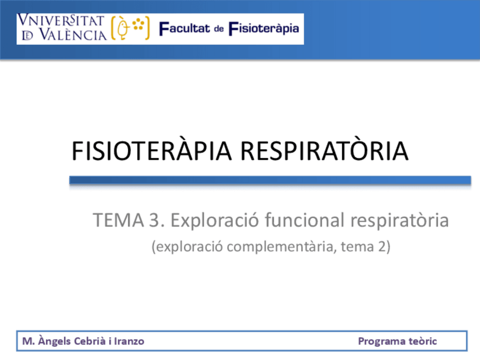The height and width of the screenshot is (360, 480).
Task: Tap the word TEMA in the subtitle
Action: [118, 220]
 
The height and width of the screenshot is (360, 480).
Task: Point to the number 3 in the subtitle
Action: [155, 220]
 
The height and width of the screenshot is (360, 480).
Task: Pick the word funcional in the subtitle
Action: [305, 220]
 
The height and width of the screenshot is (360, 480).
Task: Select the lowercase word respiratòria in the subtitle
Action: [400, 220]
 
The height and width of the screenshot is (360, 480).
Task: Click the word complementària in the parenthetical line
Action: [280, 247]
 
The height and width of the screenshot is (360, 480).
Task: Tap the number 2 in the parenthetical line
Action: [382, 246]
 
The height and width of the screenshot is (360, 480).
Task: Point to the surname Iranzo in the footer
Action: [129, 341]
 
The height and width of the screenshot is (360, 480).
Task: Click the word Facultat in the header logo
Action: [185, 28]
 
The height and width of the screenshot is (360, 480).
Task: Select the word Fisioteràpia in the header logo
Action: [264, 28]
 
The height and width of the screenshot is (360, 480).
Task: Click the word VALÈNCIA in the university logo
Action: [73, 35]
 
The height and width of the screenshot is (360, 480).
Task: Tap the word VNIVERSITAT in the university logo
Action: [61, 20]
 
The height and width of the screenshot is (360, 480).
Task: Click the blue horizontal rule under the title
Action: [270, 180]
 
